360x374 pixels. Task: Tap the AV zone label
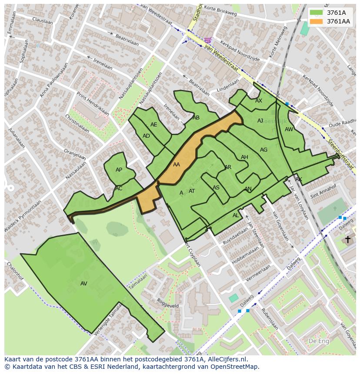(x=84, y=284)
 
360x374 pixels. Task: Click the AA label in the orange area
(x=176, y=165)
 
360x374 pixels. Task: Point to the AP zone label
(x=119, y=170)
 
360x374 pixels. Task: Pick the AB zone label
(x=196, y=118)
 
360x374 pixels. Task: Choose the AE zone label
(x=154, y=125)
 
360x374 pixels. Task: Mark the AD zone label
(x=146, y=136)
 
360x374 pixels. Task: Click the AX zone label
(x=259, y=101)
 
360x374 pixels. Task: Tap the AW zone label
(x=289, y=129)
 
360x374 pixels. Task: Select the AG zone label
(x=263, y=150)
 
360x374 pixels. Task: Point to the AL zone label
(x=236, y=215)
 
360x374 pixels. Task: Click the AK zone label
(x=298, y=179)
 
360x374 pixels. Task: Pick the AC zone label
(x=119, y=189)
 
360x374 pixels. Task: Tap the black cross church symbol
(x=347, y=239)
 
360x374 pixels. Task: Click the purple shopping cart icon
(x=208, y=40)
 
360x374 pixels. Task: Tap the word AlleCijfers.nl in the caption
(x=227, y=359)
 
